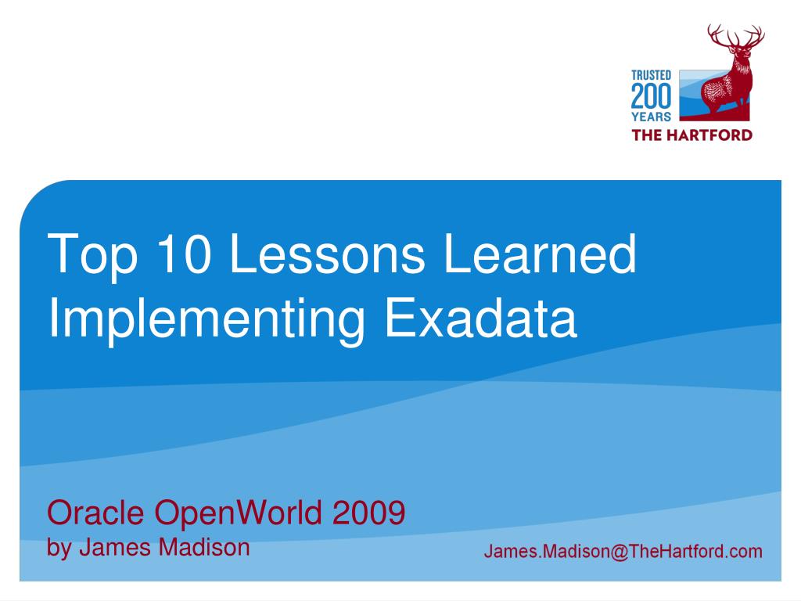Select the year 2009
point(368,513)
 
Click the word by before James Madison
point(58,548)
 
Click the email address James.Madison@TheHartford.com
point(623,551)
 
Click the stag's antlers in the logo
point(735,35)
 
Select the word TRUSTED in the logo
point(651,75)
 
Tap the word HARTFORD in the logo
point(709,134)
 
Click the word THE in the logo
point(646,134)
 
